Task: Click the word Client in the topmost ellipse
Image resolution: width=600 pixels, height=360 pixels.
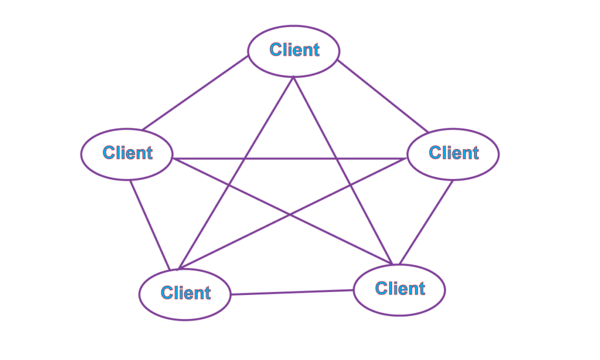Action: [294, 50]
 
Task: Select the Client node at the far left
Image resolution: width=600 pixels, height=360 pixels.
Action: [127, 154]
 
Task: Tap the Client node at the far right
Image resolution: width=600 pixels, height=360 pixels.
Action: [453, 154]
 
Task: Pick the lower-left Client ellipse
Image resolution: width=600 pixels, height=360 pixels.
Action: [185, 293]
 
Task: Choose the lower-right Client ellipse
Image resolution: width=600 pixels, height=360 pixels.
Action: [400, 288]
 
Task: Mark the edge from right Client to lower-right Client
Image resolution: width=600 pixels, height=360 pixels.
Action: [426, 222]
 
